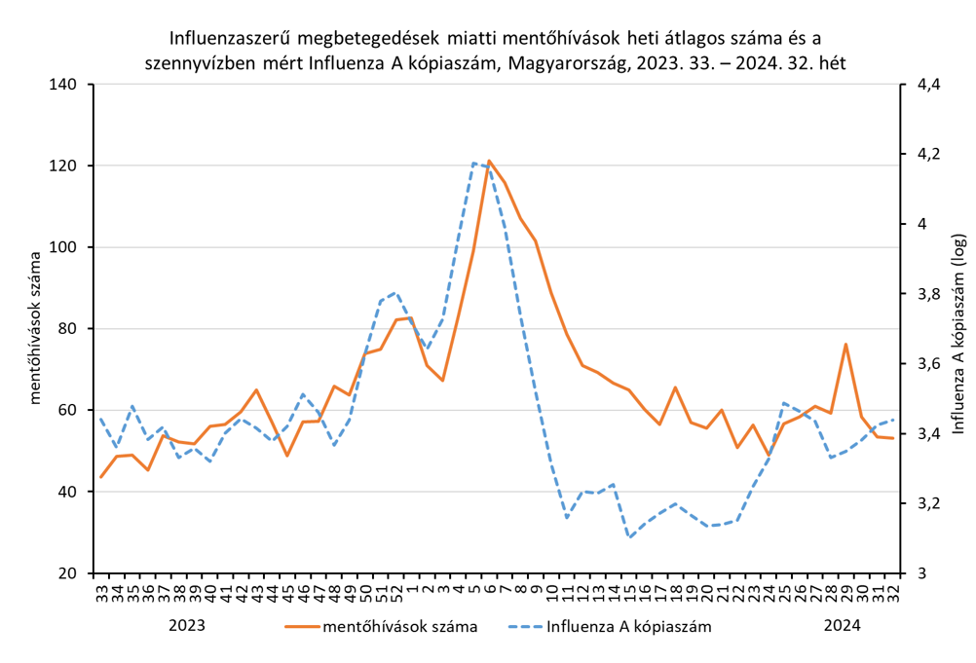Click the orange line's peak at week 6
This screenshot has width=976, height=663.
489,161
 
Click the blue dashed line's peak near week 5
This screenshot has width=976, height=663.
473,164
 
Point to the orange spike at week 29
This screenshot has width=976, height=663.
845,344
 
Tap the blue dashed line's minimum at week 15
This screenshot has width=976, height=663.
629,536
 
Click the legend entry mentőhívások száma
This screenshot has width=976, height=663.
399,626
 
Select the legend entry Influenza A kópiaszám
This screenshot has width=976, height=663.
628,626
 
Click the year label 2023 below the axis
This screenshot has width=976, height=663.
187,625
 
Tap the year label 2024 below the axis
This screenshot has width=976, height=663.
842,625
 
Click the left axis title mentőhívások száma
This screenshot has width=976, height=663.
35,329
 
